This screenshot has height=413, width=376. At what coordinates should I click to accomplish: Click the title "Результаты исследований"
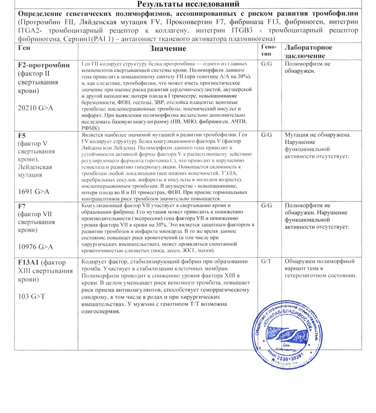(x=188, y=5)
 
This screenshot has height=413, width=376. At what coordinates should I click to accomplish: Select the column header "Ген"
(x=24, y=48)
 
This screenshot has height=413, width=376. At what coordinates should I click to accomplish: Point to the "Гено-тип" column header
(x=269, y=51)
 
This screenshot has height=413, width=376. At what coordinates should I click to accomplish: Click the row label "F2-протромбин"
(x=44, y=65)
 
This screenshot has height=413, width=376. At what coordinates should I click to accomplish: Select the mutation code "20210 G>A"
(x=35, y=108)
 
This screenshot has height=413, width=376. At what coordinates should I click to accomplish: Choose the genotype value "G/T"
(x=267, y=261)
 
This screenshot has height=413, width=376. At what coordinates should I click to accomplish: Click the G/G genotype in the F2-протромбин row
(x=267, y=64)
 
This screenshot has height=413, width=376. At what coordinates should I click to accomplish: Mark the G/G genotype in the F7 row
(x=267, y=205)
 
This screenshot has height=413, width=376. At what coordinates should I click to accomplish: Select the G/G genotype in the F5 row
(x=267, y=135)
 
